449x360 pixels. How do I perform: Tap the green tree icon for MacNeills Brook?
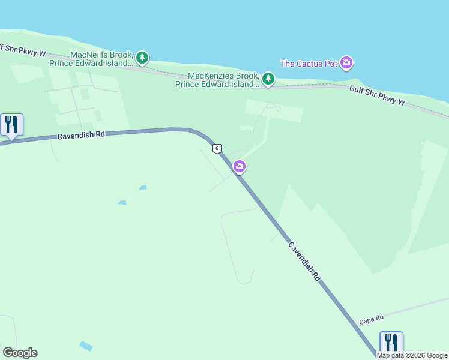[142, 58]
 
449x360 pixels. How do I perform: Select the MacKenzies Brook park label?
[217, 80]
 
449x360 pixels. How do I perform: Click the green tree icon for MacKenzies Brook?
[268, 79]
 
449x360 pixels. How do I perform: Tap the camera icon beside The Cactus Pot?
[346, 62]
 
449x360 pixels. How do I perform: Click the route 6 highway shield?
[217, 148]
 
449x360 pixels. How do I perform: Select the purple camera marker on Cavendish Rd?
[240, 166]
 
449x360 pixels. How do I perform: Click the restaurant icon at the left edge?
[11, 125]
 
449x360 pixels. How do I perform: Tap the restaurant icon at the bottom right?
[391, 343]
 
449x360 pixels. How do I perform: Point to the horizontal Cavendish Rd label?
[81, 136]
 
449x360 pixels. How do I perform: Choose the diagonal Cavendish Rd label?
[305, 262]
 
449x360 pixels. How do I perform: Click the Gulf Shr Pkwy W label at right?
[377, 96]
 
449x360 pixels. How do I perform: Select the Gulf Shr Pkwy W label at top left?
[23, 50]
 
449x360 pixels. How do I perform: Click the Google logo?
[20, 353]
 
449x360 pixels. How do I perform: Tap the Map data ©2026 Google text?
[412, 355]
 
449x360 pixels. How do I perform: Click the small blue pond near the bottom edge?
[86, 346]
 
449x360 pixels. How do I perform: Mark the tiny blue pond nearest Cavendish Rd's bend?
[143, 188]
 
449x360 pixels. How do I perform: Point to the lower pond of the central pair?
[122, 203]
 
